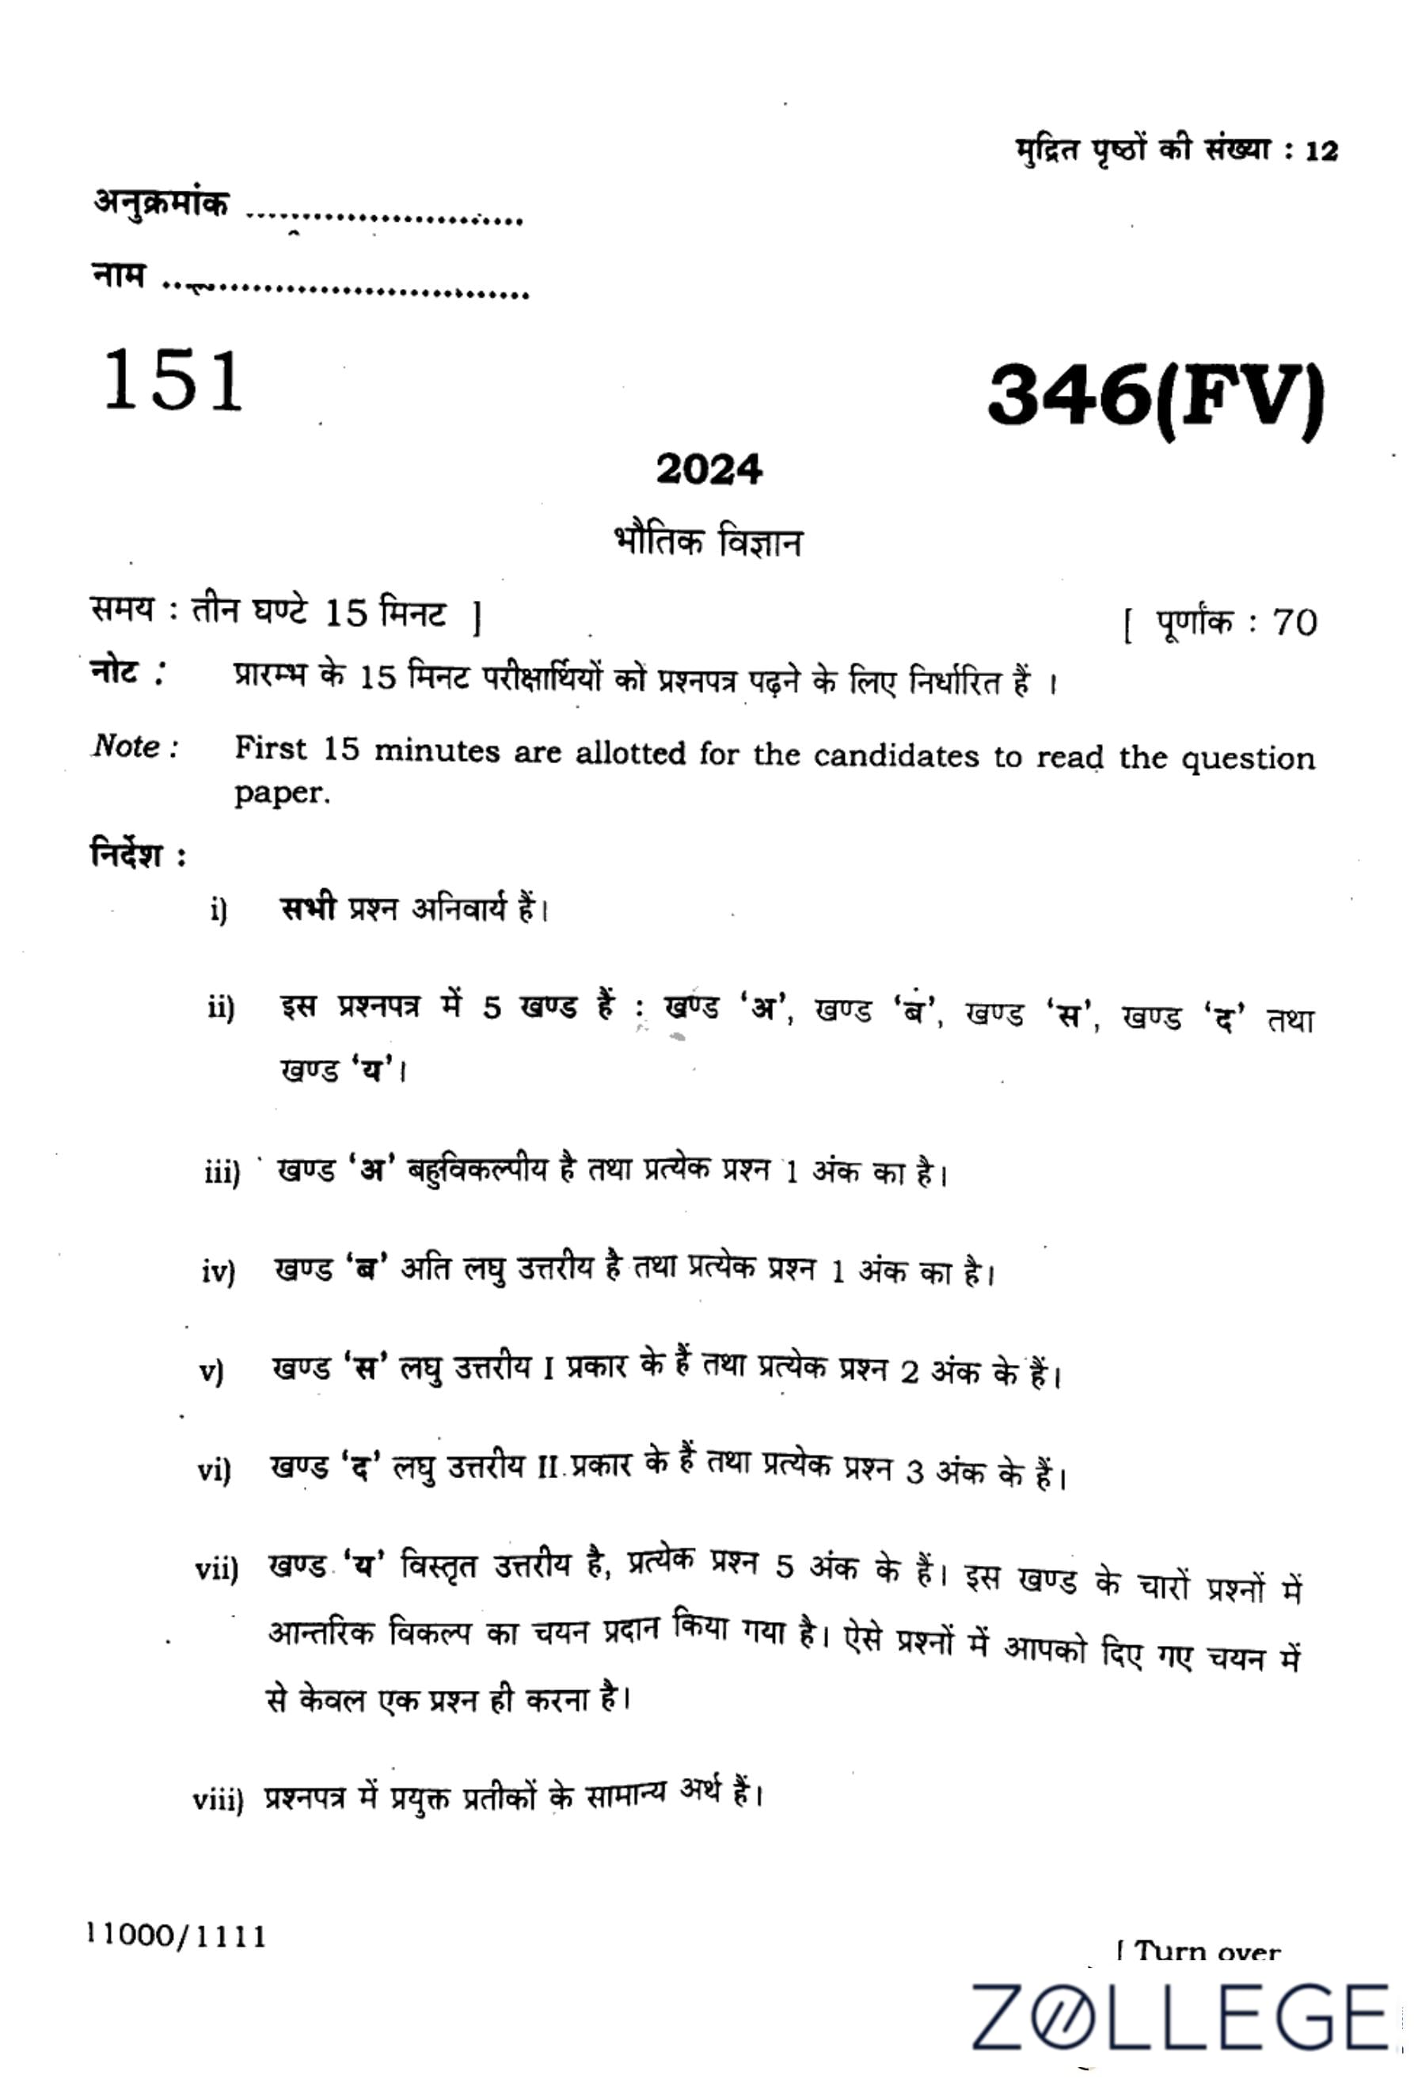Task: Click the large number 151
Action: (173, 381)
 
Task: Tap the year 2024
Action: (709, 469)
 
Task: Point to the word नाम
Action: (118, 276)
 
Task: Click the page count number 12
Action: (1321, 151)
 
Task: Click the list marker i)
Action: (219, 911)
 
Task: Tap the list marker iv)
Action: (219, 1272)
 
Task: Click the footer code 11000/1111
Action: (177, 1936)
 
